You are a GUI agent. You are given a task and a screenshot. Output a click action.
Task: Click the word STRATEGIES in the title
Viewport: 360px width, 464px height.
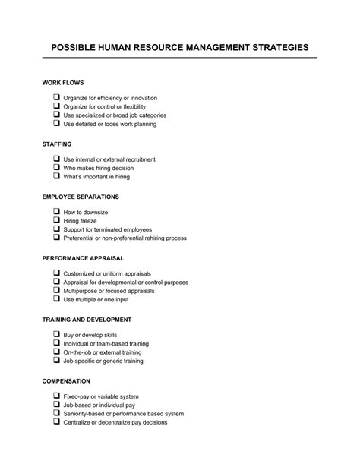pyautogui.click(x=276, y=47)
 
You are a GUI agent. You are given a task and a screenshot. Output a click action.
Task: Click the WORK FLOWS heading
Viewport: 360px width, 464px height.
pyautogui.click(x=63, y=82)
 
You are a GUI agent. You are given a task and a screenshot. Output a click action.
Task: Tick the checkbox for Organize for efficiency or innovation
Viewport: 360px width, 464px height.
pyautogui.click(x=56, y=98)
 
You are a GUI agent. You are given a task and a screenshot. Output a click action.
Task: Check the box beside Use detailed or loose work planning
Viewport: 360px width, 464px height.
pyautogui.click(x=56, y=123)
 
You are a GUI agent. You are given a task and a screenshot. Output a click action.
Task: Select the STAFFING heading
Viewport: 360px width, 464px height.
pyautogui.click(x=58, y=143)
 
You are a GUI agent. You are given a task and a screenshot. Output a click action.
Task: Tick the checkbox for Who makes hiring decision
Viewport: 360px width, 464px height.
pyautogui.click(x=56, y=168)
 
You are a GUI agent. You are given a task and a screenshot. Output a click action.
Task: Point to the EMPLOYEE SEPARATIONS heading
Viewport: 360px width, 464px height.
pyautogui.click(x=81, y=197)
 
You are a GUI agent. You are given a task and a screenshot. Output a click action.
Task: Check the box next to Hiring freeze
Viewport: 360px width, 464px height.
pyautogui.click(x=56, y=221)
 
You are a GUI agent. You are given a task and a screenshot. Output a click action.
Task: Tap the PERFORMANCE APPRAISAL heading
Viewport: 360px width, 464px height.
pyautogui.click(x=83, y=258)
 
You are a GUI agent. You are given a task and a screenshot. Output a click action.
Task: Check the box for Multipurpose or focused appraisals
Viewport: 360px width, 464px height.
pyautogui.click(x=56, y=291)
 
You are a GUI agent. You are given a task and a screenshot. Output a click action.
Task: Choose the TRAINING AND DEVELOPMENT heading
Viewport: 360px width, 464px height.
pyautogui.click(x=87, y=320)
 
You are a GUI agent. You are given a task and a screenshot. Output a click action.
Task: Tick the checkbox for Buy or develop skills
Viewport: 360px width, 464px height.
pyautogui.click(x=56, y=335)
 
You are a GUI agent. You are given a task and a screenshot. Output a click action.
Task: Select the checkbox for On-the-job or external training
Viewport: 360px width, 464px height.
pyautogui.click(x=56, y=352)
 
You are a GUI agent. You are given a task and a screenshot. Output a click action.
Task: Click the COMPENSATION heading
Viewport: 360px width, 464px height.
pyautogui.click(x=67, y=380)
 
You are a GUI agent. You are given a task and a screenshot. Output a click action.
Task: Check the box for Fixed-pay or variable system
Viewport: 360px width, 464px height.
pyautogui.click(x=56, y=396)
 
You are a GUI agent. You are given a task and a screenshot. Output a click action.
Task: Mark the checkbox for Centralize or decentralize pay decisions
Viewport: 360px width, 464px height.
pyautogui.click(x=56, y=421)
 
